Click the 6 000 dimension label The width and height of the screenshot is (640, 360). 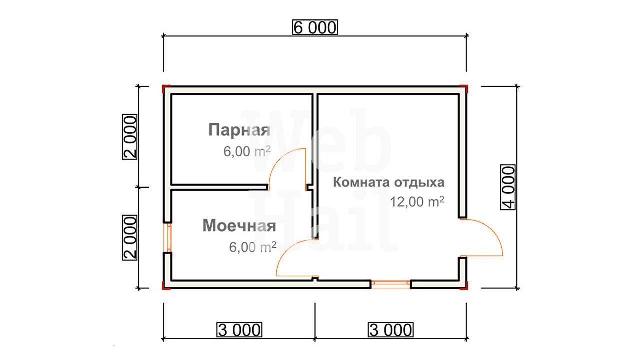pos(315,27)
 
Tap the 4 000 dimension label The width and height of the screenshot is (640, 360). pos(508,187)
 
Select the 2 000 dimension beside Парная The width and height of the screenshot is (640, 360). pos(130,137)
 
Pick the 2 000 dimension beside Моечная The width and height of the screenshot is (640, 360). pos(130,238)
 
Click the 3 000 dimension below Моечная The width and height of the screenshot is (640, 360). pos(239,330)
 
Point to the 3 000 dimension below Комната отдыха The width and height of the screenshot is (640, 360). pos(391,330)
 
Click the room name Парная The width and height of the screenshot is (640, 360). pos(239,130)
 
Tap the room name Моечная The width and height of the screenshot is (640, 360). pos(239,226)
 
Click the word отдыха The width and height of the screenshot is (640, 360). pos(418,183)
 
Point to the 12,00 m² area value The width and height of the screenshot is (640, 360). pos(417,202)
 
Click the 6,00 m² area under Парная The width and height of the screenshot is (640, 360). pos(247,151)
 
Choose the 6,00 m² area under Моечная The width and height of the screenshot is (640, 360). pos(253,247)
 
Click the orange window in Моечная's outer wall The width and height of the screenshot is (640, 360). pos(169,238)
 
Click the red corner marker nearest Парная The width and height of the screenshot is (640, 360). pos(166,88)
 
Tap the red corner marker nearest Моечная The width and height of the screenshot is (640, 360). pos(166,286)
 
